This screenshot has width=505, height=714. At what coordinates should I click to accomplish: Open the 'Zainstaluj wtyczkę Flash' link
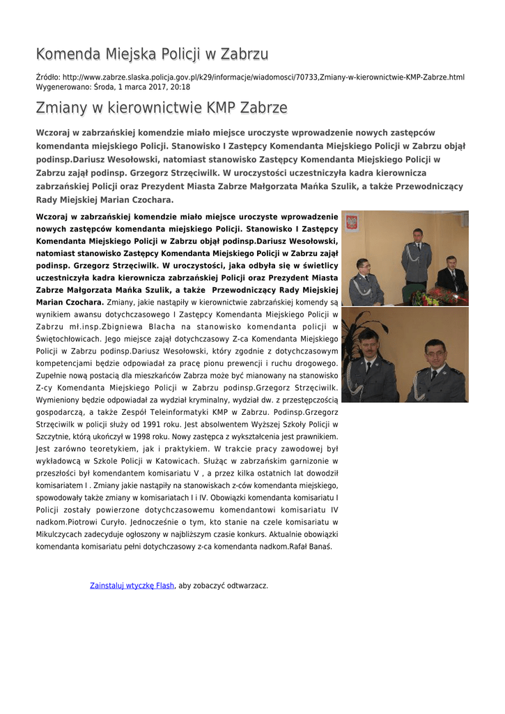click(x=132, y=586)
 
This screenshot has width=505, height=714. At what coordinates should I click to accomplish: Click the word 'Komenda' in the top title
click(x=68, y=54)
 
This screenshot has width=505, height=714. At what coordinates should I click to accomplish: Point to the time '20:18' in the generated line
click(x=180, y=87)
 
